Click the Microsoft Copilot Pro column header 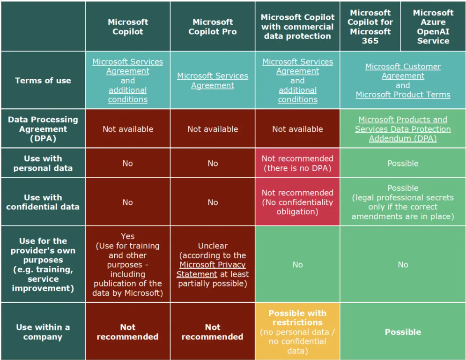click(x=212, y=27)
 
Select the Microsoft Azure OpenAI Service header click(x=433, y=27)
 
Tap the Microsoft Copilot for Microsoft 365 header click(x=370, y=27)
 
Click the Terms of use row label click(x=43, y=81)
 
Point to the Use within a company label click(x=43, y=332)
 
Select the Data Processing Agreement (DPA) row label click(x=43, y=129)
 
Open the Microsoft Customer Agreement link click(x=403, y=71)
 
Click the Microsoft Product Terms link click(x=403, y=95)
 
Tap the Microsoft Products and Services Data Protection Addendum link click(x=403, y=129)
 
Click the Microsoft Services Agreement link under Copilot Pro click(x=212, y=81)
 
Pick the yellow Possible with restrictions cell click(x=297, y=332)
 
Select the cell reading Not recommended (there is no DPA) click(x=297, y=163)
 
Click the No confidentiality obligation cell click(x=297, y=202)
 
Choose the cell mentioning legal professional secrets click(x=403, y=202)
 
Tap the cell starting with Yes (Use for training click(x=127, y=265)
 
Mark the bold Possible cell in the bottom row click(x=403, y=332)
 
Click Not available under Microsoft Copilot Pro click(x=212, y=129)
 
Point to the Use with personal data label click(x=43, y=163)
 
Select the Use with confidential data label click(x=43, y=202)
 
